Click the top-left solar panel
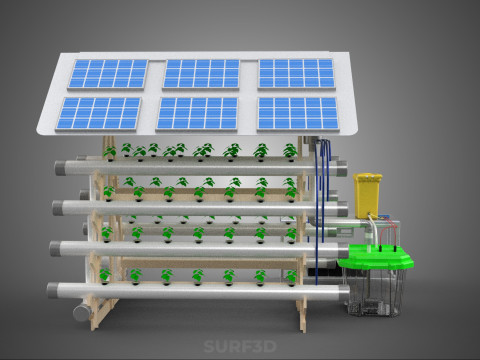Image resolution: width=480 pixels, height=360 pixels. click(x=108, y=74)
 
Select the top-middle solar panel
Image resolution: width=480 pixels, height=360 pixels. click(x=201, y=74)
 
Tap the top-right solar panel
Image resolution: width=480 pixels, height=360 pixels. click(x=296, y=74)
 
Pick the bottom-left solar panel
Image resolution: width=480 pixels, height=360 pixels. click(x=99, y=113)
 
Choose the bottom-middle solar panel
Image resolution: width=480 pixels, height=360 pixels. click(x=197, y=113)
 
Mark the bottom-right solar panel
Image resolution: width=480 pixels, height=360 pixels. click(x=298, y=114)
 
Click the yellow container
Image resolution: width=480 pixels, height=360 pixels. click(x=367, y=195)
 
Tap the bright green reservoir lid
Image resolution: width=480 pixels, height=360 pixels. click(x=376, y=257)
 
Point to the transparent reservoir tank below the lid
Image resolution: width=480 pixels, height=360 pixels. click(x=373, y=292)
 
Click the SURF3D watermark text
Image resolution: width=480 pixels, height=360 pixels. click(x=240, y=346)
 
